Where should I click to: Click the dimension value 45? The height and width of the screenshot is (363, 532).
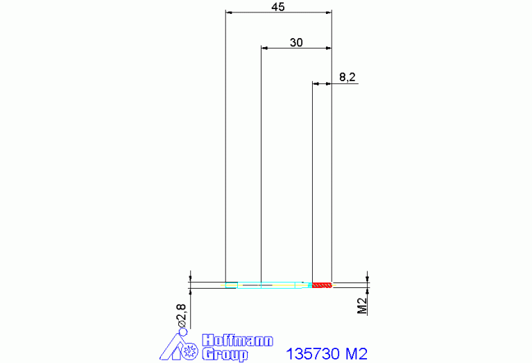coord(277,7)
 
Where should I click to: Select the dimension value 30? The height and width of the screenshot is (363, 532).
coord(296,42)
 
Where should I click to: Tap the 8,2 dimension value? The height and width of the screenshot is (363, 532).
coord(347,77)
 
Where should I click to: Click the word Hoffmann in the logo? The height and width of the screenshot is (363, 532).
coord(237,341)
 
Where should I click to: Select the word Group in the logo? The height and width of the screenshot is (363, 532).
coord(224,355)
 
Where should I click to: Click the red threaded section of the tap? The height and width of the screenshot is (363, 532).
coord(322,285)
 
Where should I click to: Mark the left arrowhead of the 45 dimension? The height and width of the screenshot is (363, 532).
coord(230,12)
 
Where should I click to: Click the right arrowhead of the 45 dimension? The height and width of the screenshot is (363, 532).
coord(328,12)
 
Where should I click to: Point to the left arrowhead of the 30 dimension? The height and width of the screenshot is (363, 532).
coord(264,48)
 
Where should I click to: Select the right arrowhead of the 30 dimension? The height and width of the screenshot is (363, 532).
coord(328,48)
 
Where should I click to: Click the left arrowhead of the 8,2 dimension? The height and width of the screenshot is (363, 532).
coord(316,83)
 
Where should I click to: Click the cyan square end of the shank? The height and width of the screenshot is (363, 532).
coord(231,285)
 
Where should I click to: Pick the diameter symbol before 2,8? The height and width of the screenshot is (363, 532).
coord(182,323)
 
